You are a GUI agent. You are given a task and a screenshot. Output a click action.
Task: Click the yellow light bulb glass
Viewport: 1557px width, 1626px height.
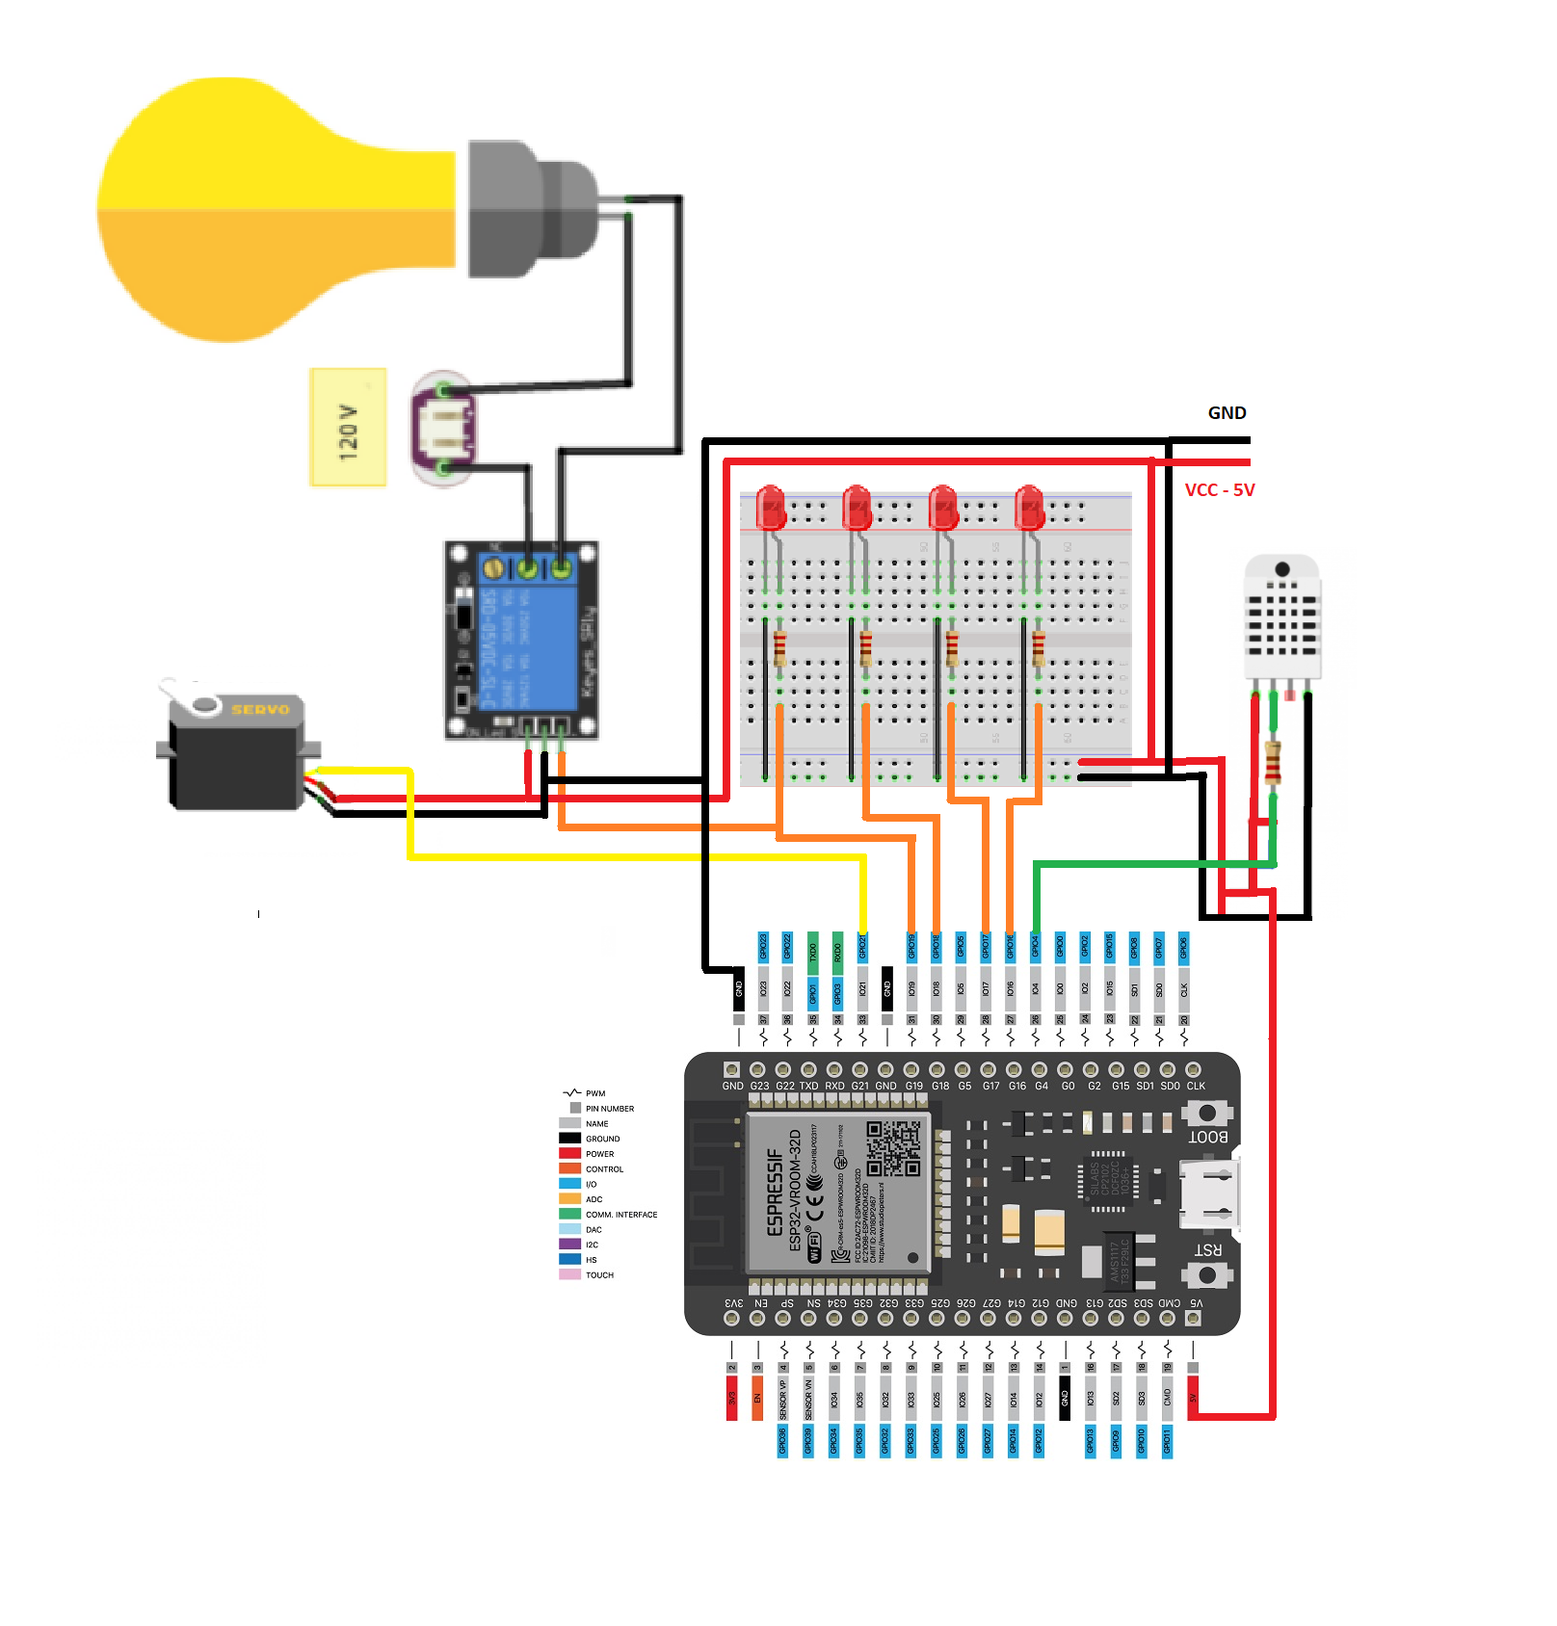coord(270,210)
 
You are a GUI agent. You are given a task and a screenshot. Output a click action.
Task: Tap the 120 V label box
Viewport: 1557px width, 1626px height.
coord(348,427)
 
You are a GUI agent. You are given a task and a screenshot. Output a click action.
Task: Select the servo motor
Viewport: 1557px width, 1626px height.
coord(236,751)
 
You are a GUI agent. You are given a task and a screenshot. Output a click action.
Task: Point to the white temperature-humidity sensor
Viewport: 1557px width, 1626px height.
coord(1281,616)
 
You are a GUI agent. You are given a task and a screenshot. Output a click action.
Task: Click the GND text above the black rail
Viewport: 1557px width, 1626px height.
coord(1227,413)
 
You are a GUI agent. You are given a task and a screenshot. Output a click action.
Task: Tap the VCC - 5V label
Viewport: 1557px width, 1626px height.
coord(1219,490)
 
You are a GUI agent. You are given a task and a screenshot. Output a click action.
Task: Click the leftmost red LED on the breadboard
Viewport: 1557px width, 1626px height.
coord(771,508)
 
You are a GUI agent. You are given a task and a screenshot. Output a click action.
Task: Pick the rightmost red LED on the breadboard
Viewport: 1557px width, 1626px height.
coord(1029,508)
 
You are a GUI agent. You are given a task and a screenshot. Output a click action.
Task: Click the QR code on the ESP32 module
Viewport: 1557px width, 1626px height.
coord(893,1148)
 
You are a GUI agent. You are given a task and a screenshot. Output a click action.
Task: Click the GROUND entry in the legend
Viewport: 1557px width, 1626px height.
coord(602,1139)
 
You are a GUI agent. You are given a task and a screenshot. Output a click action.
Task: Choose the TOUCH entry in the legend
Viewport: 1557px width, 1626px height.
coord(599,1275)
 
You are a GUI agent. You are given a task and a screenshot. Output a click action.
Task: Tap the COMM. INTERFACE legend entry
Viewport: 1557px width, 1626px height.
coord(620,1215)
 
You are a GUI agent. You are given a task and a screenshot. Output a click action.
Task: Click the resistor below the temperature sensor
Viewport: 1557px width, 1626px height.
coord(1273,762)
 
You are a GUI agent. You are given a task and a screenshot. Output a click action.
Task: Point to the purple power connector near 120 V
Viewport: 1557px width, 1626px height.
coord(444,427)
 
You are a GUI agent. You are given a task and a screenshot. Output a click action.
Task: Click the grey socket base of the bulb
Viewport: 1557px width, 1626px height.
coord(530,209)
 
